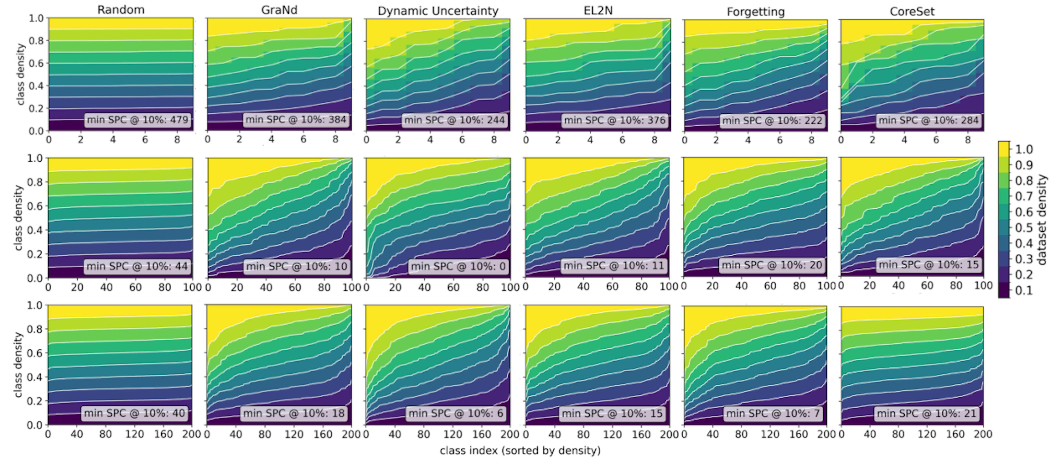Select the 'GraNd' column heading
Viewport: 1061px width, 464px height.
click(x=279, y=10)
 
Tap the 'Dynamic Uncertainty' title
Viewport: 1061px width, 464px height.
click(x=438, y=11)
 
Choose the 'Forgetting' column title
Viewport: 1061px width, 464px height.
click(x=755, y=12)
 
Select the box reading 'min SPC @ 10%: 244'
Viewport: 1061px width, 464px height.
click(x=454, y=120)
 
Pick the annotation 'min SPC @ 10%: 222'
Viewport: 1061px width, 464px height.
click(x=772, y=120)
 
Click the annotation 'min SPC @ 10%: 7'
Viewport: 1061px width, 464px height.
click(x=773, y=413)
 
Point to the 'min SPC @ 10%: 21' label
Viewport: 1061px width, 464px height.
click(x=927, y=413)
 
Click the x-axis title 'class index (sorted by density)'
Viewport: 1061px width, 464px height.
click(x=520, y=450)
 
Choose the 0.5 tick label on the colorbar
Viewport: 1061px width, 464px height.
click(x=1023, y=228)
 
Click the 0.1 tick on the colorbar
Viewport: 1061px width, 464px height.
click(x=1023, y=290)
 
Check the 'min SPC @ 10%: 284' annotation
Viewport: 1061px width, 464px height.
click(x=928, y=120)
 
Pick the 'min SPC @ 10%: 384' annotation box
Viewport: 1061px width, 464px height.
click(x=296, y=120)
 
